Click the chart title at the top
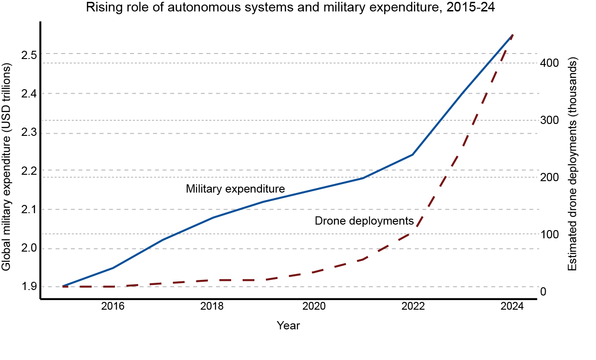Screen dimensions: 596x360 290,7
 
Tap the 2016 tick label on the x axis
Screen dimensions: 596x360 113,306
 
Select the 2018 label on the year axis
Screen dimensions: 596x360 212,306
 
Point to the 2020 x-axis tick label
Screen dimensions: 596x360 314,306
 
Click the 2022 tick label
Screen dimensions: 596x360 413,306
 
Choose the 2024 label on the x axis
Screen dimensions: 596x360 512,306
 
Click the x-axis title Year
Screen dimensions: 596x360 288,326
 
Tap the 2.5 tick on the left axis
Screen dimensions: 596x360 29,55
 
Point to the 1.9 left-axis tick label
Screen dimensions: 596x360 29,287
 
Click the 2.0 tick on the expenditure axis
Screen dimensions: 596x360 29,248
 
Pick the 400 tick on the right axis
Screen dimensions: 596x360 549,63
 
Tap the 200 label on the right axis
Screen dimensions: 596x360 549,177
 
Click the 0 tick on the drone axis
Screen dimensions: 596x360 543,292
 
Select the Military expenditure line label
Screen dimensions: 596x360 235,189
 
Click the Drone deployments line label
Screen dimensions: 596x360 364,221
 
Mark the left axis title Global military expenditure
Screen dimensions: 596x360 6,167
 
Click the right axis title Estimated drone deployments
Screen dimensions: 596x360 572,166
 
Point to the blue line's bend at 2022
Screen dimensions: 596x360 412,155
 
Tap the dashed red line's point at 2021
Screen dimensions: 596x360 363,259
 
